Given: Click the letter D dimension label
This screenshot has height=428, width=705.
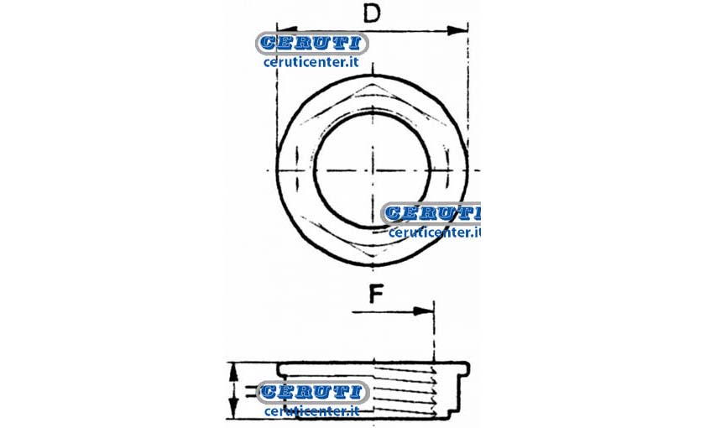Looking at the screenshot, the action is tap(372, 13).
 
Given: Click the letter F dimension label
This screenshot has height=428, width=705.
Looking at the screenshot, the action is tap(376, 294).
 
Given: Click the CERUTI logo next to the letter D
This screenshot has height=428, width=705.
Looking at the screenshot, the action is tap(312, 44).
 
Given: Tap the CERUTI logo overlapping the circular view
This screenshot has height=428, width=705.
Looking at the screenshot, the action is tap(431, 213).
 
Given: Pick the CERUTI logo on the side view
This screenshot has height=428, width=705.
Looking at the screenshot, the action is tap(312, 392).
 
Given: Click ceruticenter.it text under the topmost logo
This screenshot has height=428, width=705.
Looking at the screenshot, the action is tap(311, 61).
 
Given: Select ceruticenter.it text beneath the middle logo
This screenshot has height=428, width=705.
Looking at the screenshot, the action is tap(435, 232).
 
